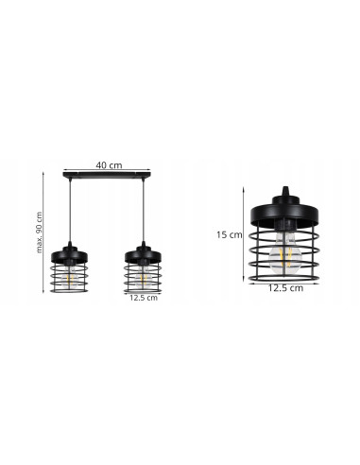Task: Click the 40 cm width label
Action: point(110,165)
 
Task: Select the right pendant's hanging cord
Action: point(142,213)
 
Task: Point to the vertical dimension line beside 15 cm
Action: point(249,233)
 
